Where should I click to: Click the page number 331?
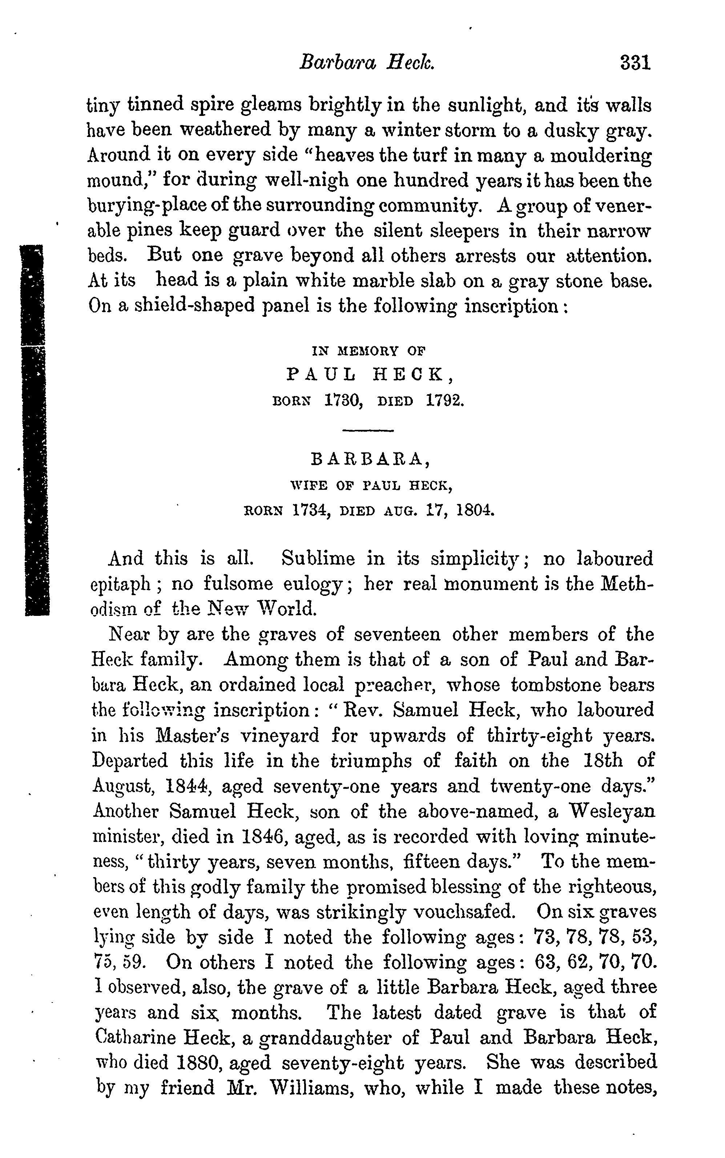pos(635,63)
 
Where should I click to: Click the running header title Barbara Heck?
pos(367,63)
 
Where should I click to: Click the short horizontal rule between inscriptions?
pos(368,431)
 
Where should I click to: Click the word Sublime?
pos(318,559)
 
